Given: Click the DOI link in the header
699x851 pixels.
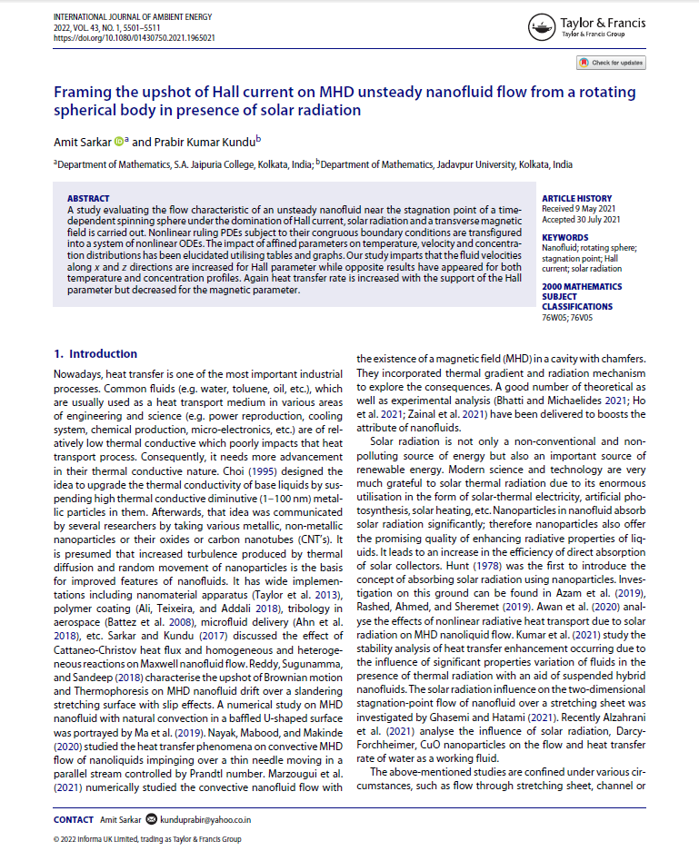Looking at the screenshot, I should coord(135,38).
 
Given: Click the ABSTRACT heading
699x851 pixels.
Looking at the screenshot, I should coord(88,198).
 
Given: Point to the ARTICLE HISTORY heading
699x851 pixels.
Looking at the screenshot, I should coord(576,198).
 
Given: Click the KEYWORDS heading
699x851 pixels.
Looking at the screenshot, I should coord(565,237).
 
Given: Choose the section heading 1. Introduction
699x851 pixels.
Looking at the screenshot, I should coord(95,353).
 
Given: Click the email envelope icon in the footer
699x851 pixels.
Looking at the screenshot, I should coord(151,819).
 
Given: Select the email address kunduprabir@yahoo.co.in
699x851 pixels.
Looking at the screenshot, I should coord(205,819).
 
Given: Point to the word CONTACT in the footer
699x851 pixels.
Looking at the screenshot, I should coord(74,819).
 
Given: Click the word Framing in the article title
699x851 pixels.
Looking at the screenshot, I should coord(82,93).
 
